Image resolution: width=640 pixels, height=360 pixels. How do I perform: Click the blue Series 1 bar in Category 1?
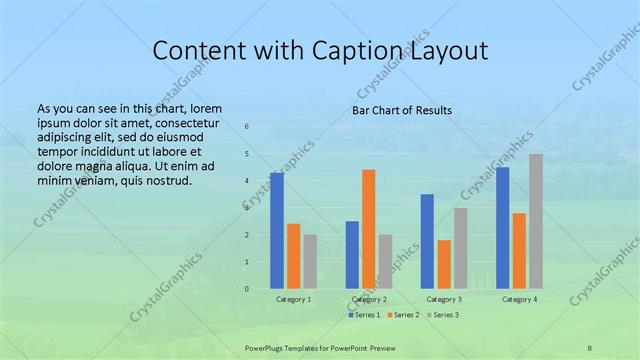pos(277,231)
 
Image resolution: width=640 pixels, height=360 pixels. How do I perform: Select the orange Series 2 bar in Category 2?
pos(369,229)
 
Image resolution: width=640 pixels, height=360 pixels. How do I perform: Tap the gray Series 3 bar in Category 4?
pos(536,221)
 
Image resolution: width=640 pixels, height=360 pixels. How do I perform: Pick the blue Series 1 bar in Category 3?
pos(427,241)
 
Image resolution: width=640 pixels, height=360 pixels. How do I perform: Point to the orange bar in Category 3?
pos(444,264)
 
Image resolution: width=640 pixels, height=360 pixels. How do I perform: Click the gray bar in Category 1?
pos(310,261)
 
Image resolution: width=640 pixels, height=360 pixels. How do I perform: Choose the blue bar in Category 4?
pos(502,228)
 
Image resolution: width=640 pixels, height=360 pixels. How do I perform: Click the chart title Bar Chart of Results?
pos(402,110)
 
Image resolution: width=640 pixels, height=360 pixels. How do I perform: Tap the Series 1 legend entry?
pos(365,315)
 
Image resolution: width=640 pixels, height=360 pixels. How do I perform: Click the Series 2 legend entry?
pos(402,315)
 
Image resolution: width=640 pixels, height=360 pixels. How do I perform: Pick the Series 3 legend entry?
pos(442,315)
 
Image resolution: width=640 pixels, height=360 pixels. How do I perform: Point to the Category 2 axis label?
pos(369,299)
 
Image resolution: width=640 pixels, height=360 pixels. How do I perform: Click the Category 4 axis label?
pos(519,299)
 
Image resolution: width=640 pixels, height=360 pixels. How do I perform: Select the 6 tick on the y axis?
pos(247,126)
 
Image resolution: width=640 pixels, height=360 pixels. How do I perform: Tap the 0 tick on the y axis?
pos(247,289)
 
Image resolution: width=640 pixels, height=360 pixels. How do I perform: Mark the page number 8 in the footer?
pos(590,345)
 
